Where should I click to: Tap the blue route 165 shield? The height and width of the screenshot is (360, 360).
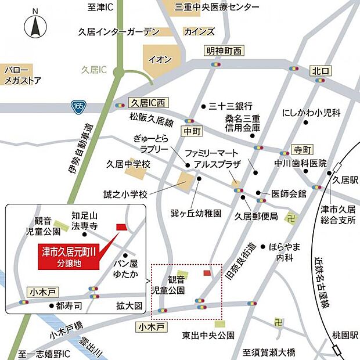pos(78,106)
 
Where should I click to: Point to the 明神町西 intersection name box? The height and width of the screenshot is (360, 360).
pos(223,51)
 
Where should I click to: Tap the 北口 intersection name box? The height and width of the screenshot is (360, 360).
pos(320,71)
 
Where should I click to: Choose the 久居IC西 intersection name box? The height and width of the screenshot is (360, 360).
pos(149,103)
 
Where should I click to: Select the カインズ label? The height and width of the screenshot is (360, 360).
pos(199,32)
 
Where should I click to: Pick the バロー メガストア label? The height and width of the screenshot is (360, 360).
pos(22,74)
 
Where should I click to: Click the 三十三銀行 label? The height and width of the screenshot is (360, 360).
pos(231,106)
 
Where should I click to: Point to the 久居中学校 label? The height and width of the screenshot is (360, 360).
pos(128,165)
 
